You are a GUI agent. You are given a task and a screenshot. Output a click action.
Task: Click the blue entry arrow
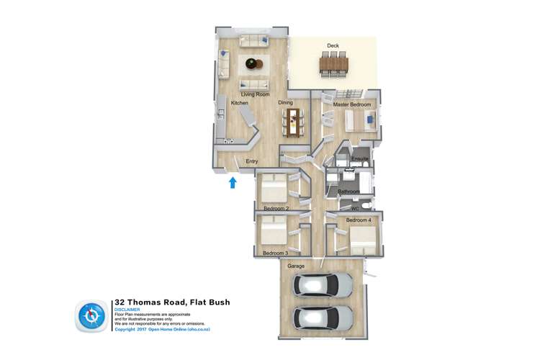tap(233, 183)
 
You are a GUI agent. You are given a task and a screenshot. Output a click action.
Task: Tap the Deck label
tap(333, 46)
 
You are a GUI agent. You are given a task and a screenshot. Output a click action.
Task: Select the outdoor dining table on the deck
tap(333, 64)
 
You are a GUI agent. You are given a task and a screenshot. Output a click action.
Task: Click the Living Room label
tap(255, 94)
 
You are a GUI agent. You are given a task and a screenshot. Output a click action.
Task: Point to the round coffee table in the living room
tap(253, 63)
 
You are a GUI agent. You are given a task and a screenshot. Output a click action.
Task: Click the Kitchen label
tap(239, 103)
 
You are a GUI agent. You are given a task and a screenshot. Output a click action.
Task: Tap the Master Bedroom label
tap(352, 105)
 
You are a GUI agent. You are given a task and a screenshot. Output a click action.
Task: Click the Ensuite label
tap(360, 158)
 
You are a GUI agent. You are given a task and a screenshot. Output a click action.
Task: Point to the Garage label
tap(296, 266)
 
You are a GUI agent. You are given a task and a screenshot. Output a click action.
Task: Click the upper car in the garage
tap(322, 286)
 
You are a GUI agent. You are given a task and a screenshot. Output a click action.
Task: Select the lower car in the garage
tap(322, 317)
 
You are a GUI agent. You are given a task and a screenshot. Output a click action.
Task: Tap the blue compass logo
tap(91, 315)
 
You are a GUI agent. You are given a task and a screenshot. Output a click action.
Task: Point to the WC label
tap(355, 209)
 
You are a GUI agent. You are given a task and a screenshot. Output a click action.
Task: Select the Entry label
tap(252, 161)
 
